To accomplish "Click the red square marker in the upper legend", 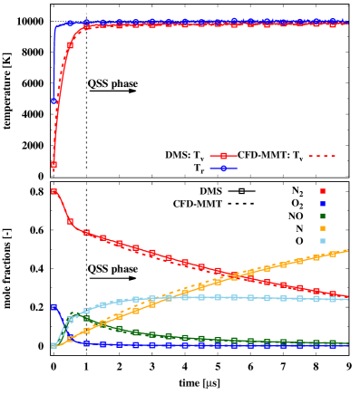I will (223, 156).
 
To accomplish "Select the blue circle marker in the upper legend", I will (223, 169).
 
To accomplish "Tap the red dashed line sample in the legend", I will (322, 156).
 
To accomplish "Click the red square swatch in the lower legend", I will (322, 191).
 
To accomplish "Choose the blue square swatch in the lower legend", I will (322, 204).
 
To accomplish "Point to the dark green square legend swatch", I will (322, 217).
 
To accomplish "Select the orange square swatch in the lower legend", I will (322, 229).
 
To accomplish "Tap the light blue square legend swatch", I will (322, 241).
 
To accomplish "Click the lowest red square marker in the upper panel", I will (54, 165).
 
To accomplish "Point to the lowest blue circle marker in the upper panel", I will (54, 101).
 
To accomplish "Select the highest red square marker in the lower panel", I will (54, 192).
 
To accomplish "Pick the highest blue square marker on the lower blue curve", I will (54, 307).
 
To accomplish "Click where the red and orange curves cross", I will (229, 275).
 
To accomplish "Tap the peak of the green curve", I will (74, 316).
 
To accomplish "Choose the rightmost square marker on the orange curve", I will (332, 254).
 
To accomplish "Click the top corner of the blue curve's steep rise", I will (57, 26).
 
